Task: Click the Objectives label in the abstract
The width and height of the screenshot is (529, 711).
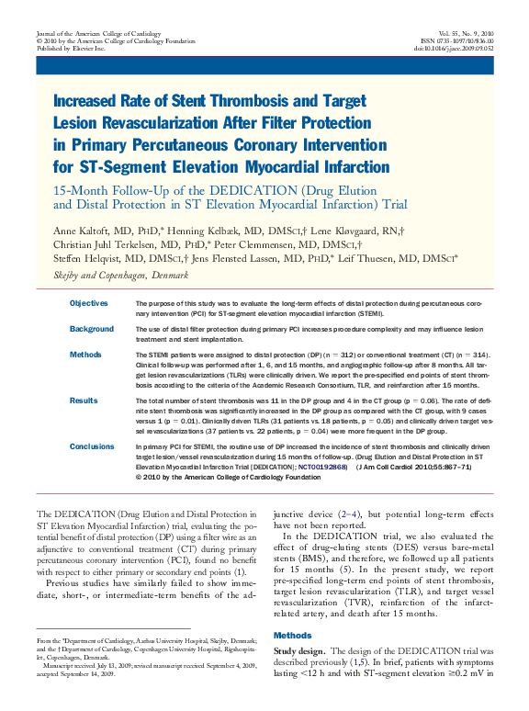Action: pos(88,303)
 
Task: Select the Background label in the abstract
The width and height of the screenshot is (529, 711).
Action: pos(92,329)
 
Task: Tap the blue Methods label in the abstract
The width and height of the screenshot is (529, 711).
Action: pos(85,354)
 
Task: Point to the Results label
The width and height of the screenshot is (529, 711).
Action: pos(84,401)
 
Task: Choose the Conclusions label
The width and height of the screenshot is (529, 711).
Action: pos(92,446)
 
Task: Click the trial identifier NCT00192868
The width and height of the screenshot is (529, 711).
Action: pos(321,468)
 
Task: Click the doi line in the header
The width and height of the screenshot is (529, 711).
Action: pos(453,49)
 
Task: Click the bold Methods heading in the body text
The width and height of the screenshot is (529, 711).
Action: pos(293,635)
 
